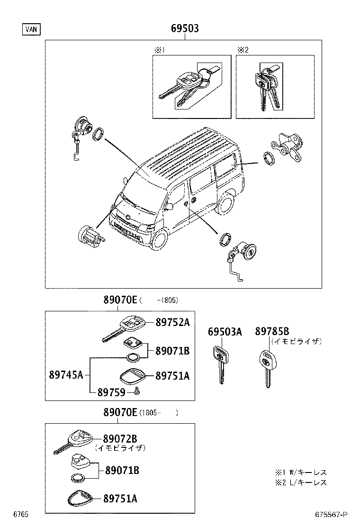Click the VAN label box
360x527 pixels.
[x=31, y=29]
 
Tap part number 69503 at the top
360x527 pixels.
[x=185, y=29]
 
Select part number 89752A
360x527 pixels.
[x=172, y=322]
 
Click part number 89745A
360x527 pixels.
[x=66, y=375]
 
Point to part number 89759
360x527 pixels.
[x=111, y=392]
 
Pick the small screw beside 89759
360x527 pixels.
[x=137, y=391]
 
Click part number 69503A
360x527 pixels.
[x=225, y=332]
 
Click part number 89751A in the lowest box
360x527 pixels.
[x=120, y=498]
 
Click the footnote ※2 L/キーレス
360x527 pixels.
[x=301, y=482]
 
